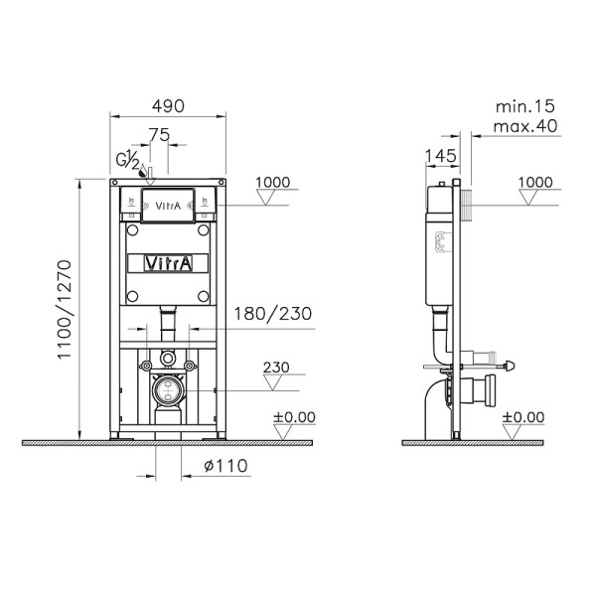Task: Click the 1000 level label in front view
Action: [271, 182]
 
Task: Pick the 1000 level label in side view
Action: [535, 182]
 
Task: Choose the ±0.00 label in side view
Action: [522, 416]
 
